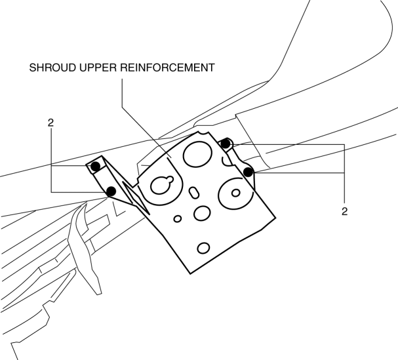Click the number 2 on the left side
pos(50,123)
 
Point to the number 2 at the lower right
pos(345,211)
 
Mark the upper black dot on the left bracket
pos(96,167)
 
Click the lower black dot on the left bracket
pos(111,191)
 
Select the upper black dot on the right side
pos(225,143)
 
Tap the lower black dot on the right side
pos(249,172)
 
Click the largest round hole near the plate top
pos(196,155)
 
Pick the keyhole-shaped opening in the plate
pos(161,185)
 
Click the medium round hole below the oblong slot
pos(201,213)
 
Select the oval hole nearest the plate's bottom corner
pos(203,247)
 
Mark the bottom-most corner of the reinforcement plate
pos(189,273)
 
